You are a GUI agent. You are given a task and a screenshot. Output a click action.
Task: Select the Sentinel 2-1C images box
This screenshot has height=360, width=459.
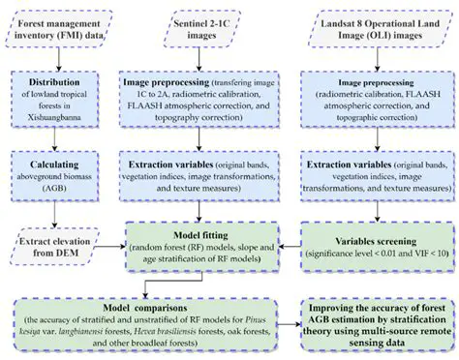[x=201, y=26]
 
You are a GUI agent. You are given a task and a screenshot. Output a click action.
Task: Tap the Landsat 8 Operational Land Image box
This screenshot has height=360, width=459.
[x=374, y=26]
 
